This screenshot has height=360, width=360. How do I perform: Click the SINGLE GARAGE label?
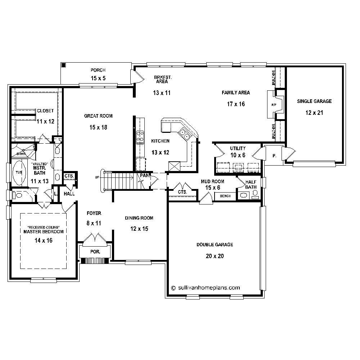pyautogui.click(x=314, y=102)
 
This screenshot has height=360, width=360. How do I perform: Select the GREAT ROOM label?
pyautogui.click(x=98, y=116)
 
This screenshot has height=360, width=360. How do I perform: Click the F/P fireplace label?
pyautogui.click(x=273, y=105)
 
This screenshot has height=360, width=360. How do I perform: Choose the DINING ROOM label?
pyautogui.click(x=139, y=218)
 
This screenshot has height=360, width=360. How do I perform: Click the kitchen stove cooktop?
pyautogui.click(x=140, y=138)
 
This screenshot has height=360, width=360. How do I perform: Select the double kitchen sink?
pyautogui.click(x=185, y=135)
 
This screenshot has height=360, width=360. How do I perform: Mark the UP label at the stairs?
pyautogui.click(x=97, y=177)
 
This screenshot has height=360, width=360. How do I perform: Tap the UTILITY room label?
pyautogui.click(x=238, y=148)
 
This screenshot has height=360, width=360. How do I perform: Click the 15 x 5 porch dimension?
pyautogui.click(x=98, y=78)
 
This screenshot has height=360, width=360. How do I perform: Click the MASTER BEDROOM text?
pyautogui.click(x=44, y=232)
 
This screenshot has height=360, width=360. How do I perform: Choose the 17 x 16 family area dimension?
pyautogui.click(x=236, y=104)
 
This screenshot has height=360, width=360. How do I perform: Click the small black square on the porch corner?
pyautogui.click(x=64, y=65)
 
